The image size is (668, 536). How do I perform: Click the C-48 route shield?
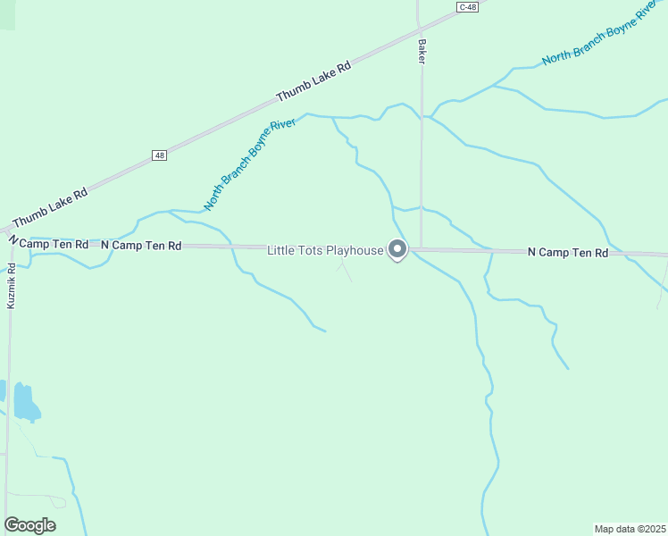pos(467,7)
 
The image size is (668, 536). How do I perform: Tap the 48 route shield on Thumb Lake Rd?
pos(159,155)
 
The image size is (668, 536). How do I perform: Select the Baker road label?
pos(421,51)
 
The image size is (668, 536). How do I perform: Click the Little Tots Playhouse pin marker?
pos(397,250)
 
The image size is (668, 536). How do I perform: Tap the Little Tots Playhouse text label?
pos(325,250)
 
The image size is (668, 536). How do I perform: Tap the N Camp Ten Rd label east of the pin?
pos(568,253)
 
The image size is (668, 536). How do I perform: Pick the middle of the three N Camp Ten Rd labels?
pos(141,245)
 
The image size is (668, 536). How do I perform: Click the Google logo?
pos(29,525)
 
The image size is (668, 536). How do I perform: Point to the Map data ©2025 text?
pos(630,528)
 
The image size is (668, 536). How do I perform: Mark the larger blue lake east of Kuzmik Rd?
pos(25,403)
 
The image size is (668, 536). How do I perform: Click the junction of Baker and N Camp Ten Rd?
pos(421,249)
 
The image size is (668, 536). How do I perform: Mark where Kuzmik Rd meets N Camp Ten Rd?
pos(12,243)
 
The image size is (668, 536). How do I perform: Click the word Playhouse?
pos(354,250)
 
